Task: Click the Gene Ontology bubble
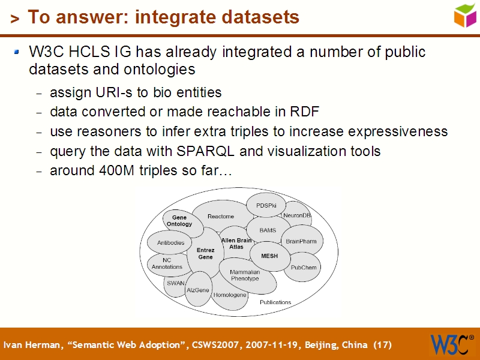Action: (179, 221)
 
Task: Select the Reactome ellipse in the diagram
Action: (221, 217)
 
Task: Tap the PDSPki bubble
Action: (266, 205)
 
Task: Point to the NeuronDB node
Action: (297, 215)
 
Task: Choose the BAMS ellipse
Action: (268, 230)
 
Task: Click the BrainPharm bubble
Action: (301, 241)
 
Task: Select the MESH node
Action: (269, 256)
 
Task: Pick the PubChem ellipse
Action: (304, 268)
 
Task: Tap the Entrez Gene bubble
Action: (205, 253)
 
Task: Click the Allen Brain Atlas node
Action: (236, 243)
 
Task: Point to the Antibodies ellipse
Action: (170, 242)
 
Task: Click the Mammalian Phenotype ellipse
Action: (245, 275)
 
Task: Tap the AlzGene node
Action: (197, 290)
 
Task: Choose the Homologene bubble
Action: (230, 295)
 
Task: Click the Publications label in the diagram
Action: (275, 302)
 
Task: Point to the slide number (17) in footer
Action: (382, 345)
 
